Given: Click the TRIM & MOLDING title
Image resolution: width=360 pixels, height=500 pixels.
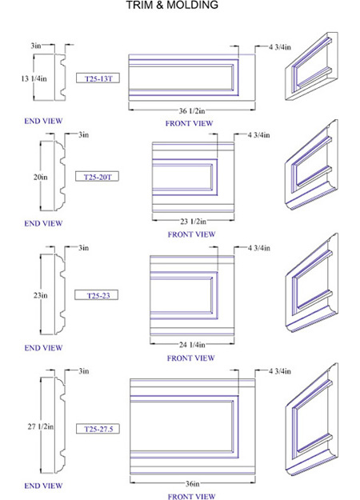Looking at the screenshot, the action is pos(172,5).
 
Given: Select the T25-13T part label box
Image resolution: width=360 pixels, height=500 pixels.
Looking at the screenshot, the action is pos(98,78).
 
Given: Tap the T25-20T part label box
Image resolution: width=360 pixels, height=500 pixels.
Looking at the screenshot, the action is pos(97,176).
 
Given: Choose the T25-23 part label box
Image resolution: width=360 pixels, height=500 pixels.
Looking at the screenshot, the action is pos(96,295).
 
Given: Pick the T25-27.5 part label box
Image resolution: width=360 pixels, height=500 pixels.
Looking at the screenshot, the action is pos(98,429).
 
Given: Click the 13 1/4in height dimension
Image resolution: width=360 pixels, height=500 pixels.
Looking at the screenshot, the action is pos(34,78).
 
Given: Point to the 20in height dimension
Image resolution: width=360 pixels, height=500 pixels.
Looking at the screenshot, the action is pos(41,177).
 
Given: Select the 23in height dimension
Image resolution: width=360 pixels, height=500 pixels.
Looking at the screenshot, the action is pos(41,295).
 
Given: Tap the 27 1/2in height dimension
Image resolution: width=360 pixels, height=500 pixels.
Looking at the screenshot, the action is pos(41,426).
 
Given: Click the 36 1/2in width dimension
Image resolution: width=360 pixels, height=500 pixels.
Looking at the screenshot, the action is pos(192,110).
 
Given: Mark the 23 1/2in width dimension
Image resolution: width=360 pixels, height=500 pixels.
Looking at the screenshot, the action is pos(194,221).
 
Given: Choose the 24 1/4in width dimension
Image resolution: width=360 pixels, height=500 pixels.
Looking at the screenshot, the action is pos(192,344).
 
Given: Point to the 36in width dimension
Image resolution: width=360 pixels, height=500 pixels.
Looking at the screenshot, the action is pos(193,483).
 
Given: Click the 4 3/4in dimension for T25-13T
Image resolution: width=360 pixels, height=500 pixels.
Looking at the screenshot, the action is pos(280,47).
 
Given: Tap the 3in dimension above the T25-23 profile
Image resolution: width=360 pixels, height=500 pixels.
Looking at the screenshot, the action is pos(83,247).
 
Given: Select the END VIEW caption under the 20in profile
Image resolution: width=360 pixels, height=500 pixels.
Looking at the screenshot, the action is pos(43,223).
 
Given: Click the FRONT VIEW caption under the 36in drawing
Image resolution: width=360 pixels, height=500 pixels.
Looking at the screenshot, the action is pos(191,496).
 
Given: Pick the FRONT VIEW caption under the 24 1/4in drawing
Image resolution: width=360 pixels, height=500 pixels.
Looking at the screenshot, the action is pos(190,358).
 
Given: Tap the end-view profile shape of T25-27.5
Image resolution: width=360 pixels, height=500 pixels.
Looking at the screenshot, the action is pos(60,425).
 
